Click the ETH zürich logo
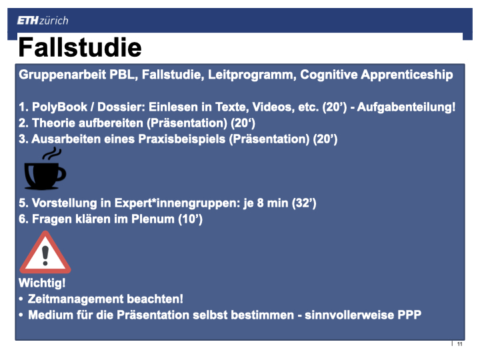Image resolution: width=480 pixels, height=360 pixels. click(x=43, y=21)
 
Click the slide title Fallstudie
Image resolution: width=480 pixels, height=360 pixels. click(x=80, y=47)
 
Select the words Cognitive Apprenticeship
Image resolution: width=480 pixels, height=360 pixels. click(x=376, y=75)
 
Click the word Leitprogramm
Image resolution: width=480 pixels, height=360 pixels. click(x=252, y=75)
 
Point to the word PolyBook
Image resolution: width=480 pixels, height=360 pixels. click(x=60, y=107)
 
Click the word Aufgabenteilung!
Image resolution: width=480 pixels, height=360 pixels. click(x=406, y=107)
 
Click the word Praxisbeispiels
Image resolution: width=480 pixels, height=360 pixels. click(x=182, y=139)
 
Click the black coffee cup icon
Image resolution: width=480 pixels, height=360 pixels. click(x=45, y=175)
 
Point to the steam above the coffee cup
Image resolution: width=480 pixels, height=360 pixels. click(x=52, y=153)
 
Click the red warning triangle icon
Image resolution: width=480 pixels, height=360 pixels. click(x=45, y=253)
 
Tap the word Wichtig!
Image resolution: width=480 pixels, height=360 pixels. click(x=42, y=283)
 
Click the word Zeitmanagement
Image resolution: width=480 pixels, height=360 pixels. click(x=75, y=299)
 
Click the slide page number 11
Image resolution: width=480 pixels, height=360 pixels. click(x=459, y=344)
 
